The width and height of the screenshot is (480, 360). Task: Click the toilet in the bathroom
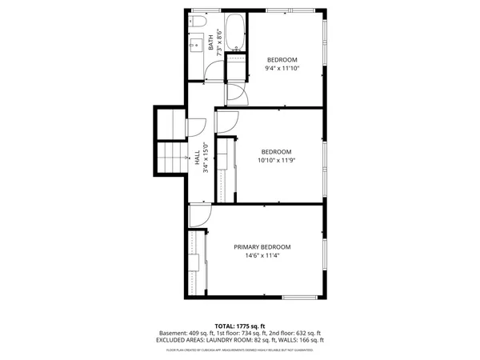[195, 26]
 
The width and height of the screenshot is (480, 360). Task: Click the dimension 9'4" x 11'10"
[282, 69]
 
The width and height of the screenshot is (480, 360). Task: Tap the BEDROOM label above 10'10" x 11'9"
[277, 152]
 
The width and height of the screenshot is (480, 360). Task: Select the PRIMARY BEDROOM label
[262, 247]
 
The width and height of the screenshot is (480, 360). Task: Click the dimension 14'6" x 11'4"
[262, 256]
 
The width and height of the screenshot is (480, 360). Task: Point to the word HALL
[197, 159]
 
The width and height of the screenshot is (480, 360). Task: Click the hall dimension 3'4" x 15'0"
[206, 158]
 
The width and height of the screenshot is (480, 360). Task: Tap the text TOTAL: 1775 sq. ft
[239, 326]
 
